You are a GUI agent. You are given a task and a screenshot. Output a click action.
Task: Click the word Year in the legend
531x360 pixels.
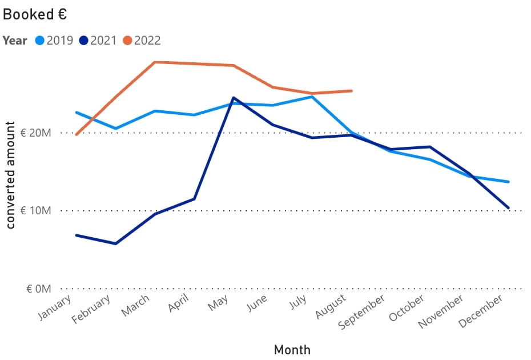click(14, 41)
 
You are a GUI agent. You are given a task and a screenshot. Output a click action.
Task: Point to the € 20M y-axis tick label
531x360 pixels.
click(36, 133)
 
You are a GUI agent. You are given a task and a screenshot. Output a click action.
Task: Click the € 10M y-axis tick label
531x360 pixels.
click(36, 211)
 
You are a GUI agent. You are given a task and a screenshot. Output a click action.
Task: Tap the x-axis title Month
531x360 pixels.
click(292, 349)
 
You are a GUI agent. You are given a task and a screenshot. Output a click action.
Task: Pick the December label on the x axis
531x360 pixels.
click(482, 312)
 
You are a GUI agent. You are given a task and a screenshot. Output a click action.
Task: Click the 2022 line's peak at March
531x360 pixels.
click(155, 62)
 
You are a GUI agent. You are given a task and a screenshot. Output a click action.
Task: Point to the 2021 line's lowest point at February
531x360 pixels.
click(116, 244)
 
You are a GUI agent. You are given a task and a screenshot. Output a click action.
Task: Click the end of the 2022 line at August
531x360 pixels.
click(351, 91)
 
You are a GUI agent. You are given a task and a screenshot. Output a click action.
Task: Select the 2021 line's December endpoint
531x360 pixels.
click(508, 208)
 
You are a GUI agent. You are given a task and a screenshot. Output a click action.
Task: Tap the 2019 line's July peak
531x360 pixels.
click(312, 97)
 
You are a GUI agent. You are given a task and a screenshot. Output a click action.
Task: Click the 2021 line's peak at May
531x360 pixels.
click(234, 98)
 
